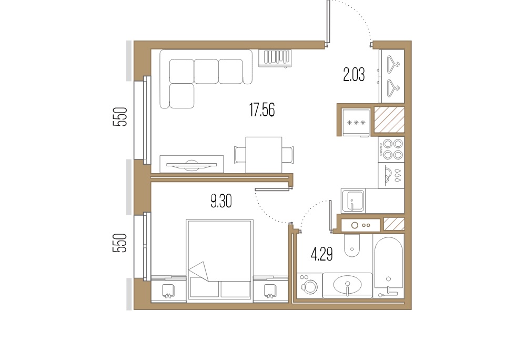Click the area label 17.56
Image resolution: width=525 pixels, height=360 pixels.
pyautogui.click(x=262, y=110)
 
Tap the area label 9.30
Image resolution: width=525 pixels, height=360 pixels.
pyautogui.click(x=221, y=202)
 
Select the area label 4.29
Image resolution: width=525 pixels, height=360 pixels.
pyautogui.click(x=322, y=255)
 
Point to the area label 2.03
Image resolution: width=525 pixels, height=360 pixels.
pyautogui.click(x=354, y=74)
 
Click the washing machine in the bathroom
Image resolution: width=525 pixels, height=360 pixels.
pyautogui.click(x=310, y=285)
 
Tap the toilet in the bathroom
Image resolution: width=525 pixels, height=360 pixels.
pyautogui.click(x=352, y=245)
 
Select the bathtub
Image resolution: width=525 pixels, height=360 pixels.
pyautogui.click(x=388, y=267)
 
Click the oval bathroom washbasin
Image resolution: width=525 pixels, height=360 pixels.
pyautogui.click(x=348, y=285)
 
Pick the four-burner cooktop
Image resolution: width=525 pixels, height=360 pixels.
pyautogui.click(x=391, y=149)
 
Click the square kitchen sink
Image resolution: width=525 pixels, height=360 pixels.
pyautogui.click(x=353, y=200)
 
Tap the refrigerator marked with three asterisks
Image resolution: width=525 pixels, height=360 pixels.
pyautogui.click(x=356, y=123)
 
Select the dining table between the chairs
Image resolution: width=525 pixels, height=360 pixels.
pyautogui.click(x=264, y=155)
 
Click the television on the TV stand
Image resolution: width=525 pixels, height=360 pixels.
pyautogui.click(x=191, y=165)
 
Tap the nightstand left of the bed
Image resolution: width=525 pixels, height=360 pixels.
pyautogui.click(x=168, y=289)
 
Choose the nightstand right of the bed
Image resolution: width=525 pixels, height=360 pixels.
pyautogui.click(x=270, y=289)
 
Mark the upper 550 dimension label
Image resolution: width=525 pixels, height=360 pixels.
pyautogui.click(x=120, y=116)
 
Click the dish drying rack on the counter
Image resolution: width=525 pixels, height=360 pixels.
pyautogui.click(x=391, y=175)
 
